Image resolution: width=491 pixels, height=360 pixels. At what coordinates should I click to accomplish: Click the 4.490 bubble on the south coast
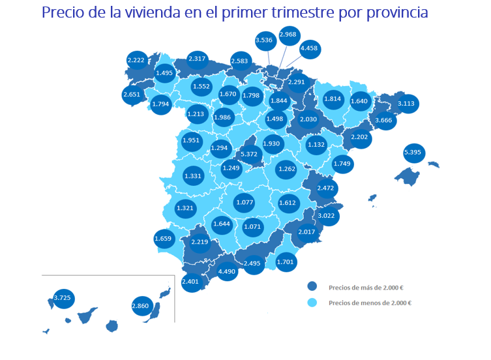[x=227, y=271]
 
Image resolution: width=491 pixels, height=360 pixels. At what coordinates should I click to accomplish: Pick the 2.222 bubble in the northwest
[x=136, y=60]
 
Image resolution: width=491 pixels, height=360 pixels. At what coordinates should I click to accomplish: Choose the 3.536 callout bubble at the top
[x=264, y=40]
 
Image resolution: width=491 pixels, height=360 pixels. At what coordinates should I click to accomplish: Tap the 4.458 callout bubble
[x=309, y=48]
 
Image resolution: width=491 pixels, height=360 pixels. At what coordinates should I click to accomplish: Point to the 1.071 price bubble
[x=252, y=227]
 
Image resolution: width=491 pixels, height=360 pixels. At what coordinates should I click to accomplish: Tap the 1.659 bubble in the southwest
[x=164, y=239]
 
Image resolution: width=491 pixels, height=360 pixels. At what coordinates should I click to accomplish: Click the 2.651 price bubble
[x=132, y=95]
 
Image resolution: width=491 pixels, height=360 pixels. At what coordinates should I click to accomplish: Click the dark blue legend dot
[x=312, y=286]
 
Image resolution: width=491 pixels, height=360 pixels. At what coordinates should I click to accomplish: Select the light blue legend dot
[x=312, y=303]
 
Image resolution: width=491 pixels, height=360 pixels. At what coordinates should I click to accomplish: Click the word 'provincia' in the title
[x=390, y=12]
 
